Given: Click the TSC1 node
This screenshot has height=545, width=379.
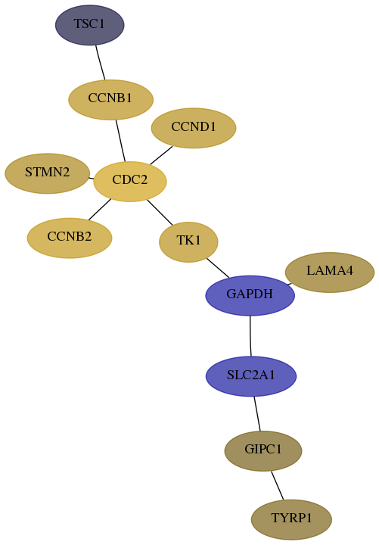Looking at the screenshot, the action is tap(89, 25).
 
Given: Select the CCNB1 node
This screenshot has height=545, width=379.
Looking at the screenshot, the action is tap(110, 100).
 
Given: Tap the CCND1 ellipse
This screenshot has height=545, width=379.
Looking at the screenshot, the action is tap(194, 128).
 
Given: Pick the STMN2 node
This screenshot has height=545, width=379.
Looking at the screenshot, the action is tap(47, 173).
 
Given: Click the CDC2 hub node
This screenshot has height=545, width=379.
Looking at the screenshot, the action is tap(130, 181).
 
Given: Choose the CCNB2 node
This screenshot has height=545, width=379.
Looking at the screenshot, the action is tap(70, 238).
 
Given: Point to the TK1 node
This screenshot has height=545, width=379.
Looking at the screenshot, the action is tap(188, 242).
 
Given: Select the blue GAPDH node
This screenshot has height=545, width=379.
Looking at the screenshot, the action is tap(250, 295).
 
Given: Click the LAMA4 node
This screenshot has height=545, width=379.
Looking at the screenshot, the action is tap(330, 272).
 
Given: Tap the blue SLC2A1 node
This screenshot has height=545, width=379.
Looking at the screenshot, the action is tap(251, 376).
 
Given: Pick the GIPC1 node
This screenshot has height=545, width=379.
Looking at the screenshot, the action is tap(263, 451).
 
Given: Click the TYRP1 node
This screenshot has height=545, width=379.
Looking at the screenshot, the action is tap(291, 519).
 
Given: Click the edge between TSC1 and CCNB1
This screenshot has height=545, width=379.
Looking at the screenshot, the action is tap(101, 63).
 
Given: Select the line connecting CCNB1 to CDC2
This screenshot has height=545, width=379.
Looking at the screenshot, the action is tap(120, 141).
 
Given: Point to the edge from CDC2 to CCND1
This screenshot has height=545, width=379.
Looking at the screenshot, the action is tap(161, 155).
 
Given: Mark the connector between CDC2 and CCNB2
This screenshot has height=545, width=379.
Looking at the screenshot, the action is tap(100, 210).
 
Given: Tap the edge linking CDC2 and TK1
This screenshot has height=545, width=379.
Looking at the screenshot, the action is tap(160, 212).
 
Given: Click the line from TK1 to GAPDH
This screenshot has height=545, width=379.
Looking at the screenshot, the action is tap(218, 268).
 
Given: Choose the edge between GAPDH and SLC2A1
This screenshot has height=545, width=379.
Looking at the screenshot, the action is tap(250, 336).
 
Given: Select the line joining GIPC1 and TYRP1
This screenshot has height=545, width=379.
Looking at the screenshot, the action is tap(277, 485).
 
